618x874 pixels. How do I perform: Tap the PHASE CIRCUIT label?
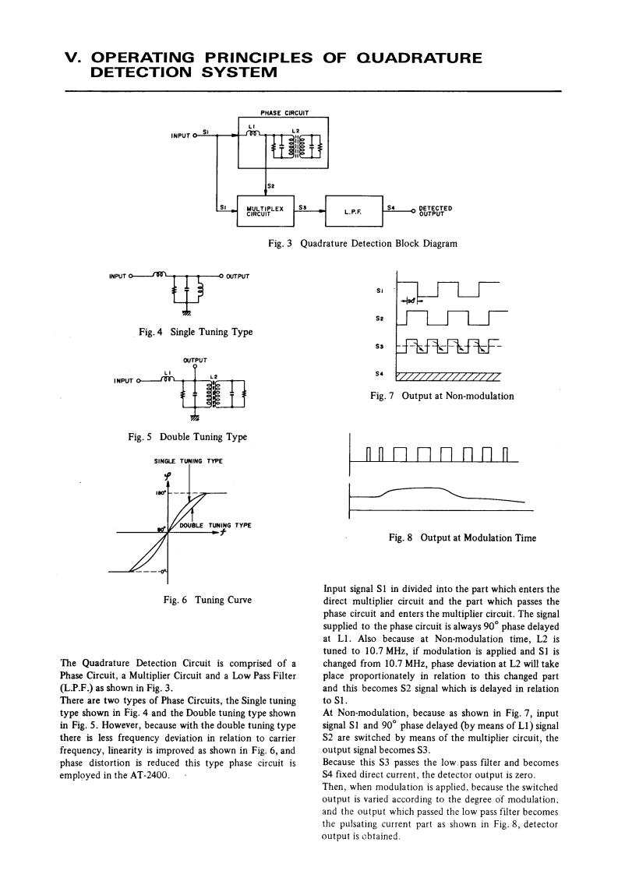pyautogui.click(x=283, y=111)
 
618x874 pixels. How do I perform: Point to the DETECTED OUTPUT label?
pyautogui.click(x=436, y=209)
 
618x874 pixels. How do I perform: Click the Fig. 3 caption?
pyautogui.click(x=362, y=244)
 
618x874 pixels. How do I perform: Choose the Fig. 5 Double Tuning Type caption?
pyautogui.click(x=187, y=437)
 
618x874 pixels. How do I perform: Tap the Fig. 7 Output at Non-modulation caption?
pyautogui.click(x=442, y=396)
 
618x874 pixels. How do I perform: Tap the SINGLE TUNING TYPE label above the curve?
pyautogui.click(x=189, y=461)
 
